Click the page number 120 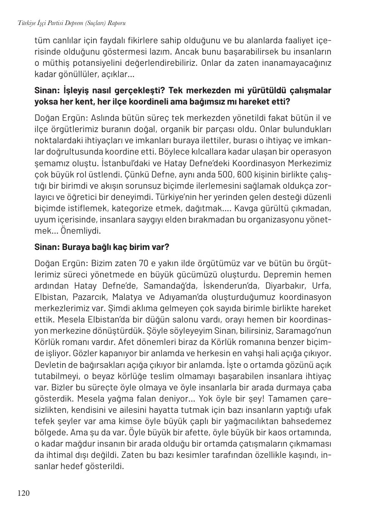pyautogui.click(x=23, y=493)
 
